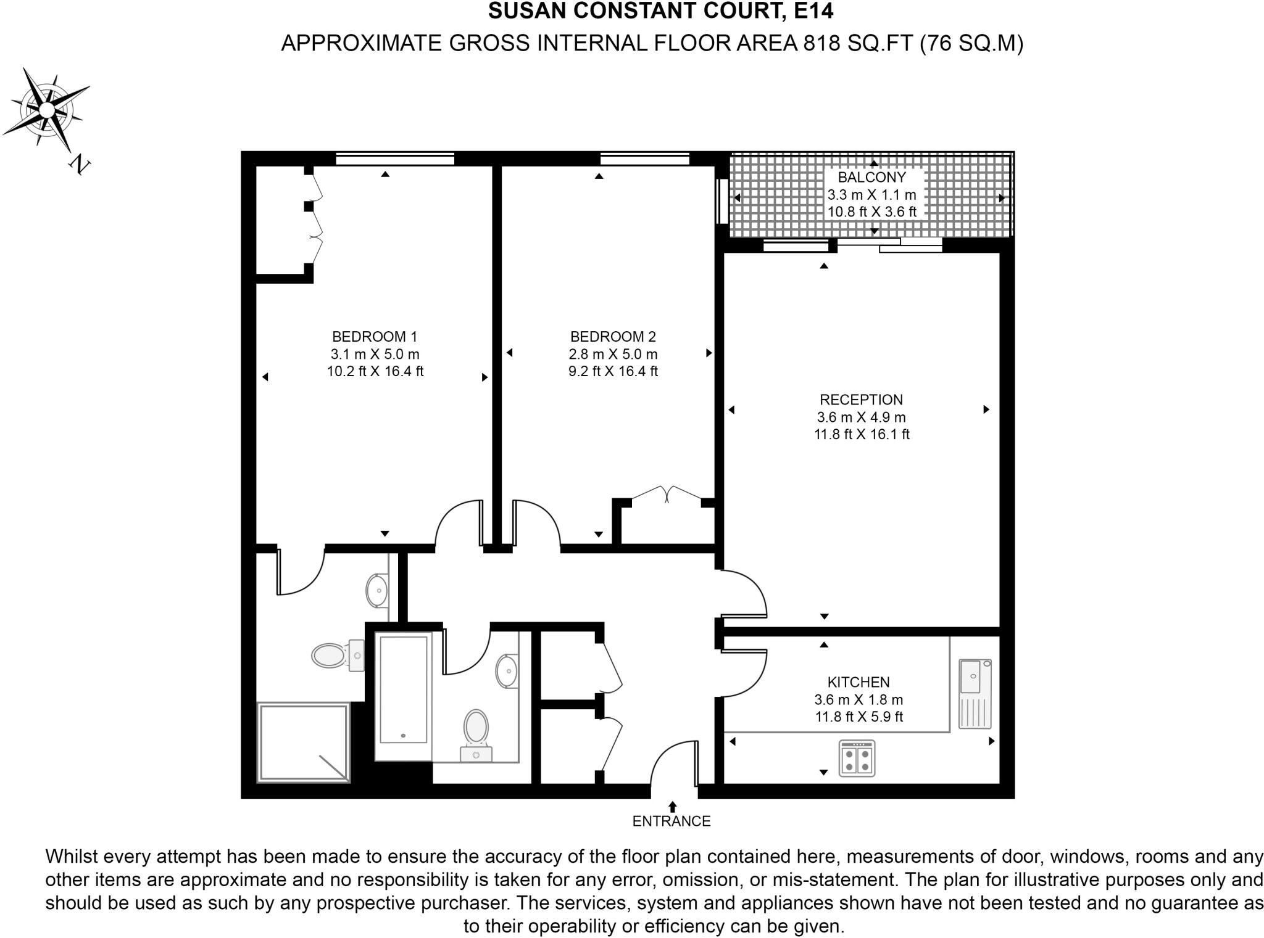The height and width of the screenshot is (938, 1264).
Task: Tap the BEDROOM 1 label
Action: pos(375,337)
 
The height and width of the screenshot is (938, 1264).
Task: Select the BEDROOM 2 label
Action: pos(613,337)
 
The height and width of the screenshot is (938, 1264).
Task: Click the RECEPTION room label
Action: pos(861,400)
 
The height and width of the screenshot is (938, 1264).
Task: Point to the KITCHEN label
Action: pos(858,682)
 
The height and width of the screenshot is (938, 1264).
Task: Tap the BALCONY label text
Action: pos(871,178)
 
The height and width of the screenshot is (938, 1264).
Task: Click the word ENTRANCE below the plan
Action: pos(671,821)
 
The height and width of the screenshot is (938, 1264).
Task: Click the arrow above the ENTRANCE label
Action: pos(672,806)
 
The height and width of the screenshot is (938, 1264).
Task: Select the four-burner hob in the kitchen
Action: pos(857,759)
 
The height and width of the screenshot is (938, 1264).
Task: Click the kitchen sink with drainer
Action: pos(975,693)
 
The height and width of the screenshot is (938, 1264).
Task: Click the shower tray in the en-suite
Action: pos(303,743)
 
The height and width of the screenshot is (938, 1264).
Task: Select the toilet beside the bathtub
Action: pos(476,731)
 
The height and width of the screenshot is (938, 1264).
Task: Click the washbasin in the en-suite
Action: pos(376,590)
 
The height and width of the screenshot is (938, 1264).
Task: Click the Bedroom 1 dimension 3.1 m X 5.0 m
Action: pos(375,354)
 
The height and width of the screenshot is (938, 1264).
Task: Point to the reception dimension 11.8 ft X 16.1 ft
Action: pos(861,434)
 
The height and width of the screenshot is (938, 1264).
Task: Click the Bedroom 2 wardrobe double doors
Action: pos(667,493)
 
